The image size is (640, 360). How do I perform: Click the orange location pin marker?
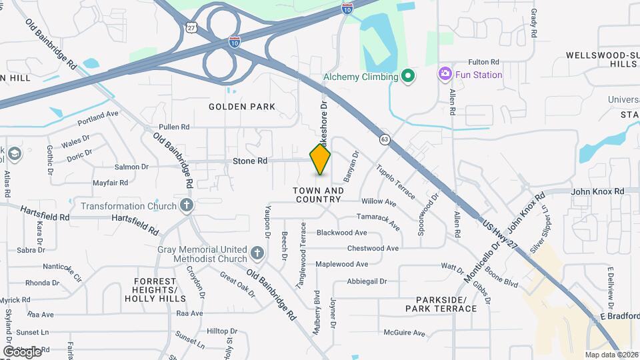click(x=321, y=159)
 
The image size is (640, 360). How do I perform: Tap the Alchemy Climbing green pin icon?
click(x=409, y=77)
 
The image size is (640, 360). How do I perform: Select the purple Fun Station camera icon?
click(x=445, y=74)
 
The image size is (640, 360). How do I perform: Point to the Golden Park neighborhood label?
click(x=241, y=107)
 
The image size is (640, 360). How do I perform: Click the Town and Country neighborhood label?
click(x=319, y=195)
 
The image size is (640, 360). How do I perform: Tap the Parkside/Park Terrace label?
click(x=441, y=304)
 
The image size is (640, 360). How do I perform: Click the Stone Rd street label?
click(x=250, y=161)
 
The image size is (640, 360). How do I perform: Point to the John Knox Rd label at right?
click(x=598, y=191)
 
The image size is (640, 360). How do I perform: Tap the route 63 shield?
click(x=385, y=139)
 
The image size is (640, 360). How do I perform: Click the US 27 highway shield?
click(x=192, y=27)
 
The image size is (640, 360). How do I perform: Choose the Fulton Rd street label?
click(x=484, y=61)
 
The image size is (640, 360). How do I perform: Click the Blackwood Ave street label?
click(x=341, y=233)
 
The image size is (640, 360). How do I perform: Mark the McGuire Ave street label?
click(x=405, y=333)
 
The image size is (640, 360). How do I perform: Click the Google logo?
click(x=22, y=351)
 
